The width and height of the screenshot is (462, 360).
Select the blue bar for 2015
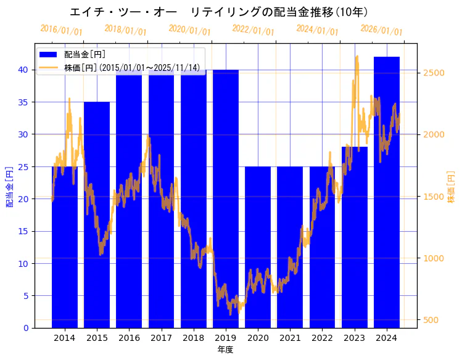pyautogui.click(x=97, y=216)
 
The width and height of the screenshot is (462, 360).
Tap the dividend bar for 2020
pyautogui.click(x=258, y=247)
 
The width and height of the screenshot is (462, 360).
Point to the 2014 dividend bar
pyautogui.click(x=65, y=247)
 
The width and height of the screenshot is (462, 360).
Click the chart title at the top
pyautogui.click(x=218, y=12)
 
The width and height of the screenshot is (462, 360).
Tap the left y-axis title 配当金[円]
pyautogui.click(x=9, y=186)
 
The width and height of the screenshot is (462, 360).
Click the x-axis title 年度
pyautogui.click(x=225, y=350)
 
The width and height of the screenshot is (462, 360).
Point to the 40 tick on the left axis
pyautogui.click(x=23, y=70)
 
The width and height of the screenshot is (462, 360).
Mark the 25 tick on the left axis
pyautogui.click(x=23, y=166)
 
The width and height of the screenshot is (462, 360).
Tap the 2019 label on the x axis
pyautogui.click(x=225, y=338)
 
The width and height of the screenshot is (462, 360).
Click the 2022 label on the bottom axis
pyautogui.click(x=322, y=338)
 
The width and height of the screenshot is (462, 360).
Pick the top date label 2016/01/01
pyautogui.click(x=61, y=30)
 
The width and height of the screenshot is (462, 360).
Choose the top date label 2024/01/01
pyautogui.click(x=317, y=30)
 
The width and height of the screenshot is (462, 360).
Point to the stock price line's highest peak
pyautogui.click(x=357, y=57)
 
